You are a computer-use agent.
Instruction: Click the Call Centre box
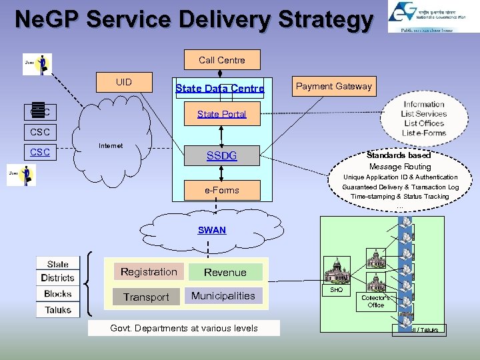point(221,60)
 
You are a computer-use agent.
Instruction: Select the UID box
point(124,83)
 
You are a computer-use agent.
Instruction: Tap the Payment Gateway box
point(334,86)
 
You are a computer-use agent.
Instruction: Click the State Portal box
point(221,114)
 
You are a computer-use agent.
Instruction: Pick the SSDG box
point(221,156)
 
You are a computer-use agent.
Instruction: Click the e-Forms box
point(221,190)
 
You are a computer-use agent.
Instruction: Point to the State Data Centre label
point(219,89)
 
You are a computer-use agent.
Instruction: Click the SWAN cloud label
point(211,230)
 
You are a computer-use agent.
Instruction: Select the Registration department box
point(149,272)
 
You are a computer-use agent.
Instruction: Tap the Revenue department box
point(225,272)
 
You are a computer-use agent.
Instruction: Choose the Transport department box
point(146,297)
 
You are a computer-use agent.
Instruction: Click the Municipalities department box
point(223,295)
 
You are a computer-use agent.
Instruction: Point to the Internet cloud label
point(110,145)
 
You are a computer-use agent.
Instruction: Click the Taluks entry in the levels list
point(59,310)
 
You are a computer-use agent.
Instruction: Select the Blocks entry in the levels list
point(58,294)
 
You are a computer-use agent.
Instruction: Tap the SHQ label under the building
point(337,290)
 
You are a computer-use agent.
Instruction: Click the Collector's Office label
point(376,301)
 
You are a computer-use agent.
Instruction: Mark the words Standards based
point(399,155)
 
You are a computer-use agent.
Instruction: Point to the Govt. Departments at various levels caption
point(183,328)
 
